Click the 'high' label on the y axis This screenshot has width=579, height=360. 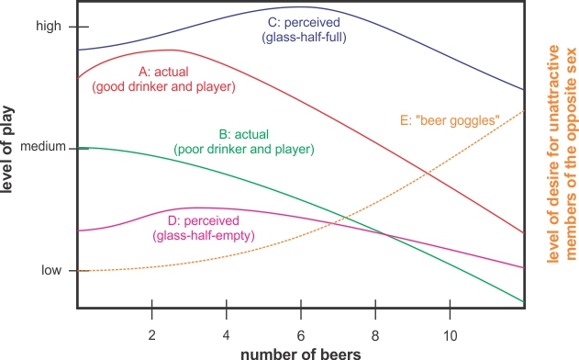click(x=48, y=27)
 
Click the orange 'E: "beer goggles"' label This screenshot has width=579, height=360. click(x=450, y=119)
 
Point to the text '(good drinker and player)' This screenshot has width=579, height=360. click(x=165, y=86)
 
